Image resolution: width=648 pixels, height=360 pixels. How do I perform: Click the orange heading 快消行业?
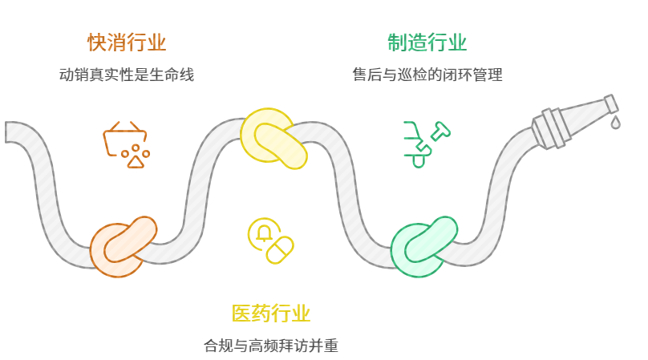pos(127,42)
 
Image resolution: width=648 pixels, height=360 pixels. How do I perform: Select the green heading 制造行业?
pos(427,42)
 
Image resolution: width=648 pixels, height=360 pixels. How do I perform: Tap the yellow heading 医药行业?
pos(270,313)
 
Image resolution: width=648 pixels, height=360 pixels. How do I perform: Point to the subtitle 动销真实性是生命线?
pos(127,75)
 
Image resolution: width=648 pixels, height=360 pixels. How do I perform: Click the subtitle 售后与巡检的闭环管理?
pos(427,75)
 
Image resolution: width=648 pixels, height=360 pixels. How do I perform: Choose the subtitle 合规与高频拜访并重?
pos(271,346)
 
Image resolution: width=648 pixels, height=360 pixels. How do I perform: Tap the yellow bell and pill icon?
pos(270,240)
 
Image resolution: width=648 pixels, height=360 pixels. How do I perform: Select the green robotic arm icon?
pos(423,143)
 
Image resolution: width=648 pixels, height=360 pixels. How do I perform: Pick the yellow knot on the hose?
pos(274,141)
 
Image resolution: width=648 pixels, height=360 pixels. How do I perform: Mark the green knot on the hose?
pos(423,245)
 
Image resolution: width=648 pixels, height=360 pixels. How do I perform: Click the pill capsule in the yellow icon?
pos(280,249)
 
